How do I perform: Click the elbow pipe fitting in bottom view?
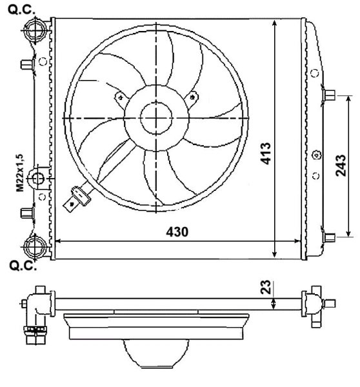tap(33, 310)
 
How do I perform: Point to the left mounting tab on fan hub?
tap(118, 97)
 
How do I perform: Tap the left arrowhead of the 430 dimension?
tap(57, 241)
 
